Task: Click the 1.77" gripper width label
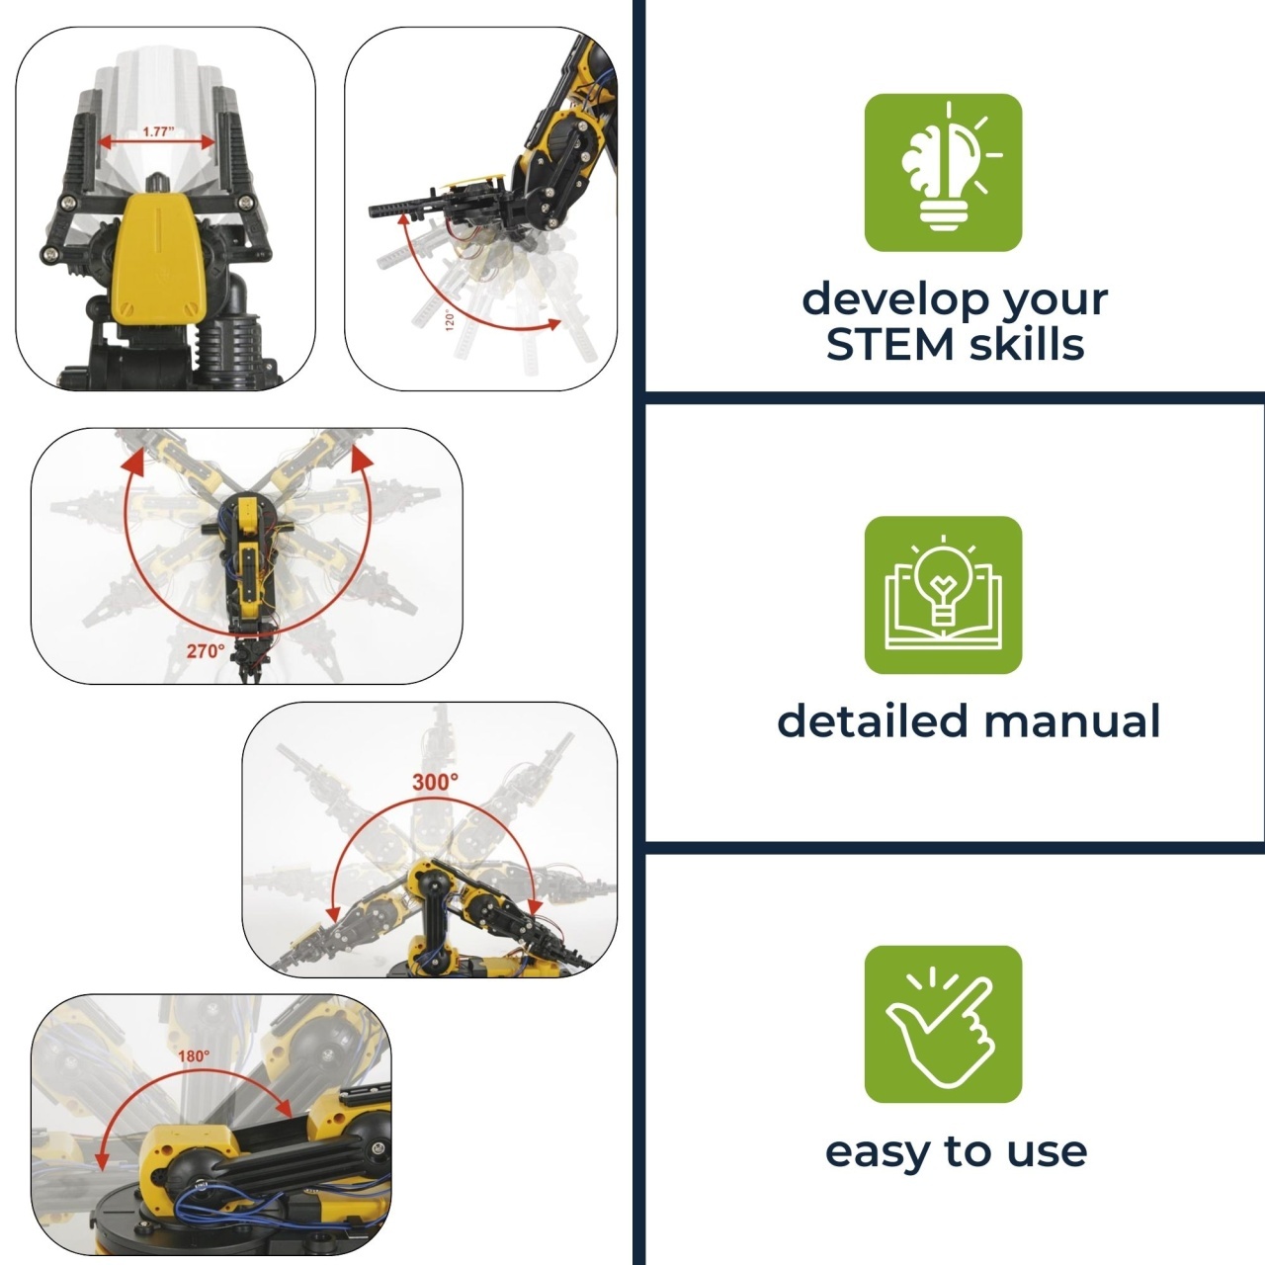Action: pos(157,132)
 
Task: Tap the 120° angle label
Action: pos(450,319)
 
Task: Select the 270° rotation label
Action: pos(206,651)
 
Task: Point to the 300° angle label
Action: pos(435,782)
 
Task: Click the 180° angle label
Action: pos(194,1056)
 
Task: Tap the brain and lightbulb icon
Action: pos(943,172)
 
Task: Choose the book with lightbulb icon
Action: pos(943,595)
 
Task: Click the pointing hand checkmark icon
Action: pos(943,1024)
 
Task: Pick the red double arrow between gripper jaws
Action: pos(157,142)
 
